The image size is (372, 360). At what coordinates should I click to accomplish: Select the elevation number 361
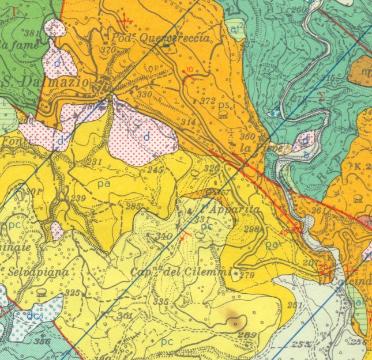pyautogui.click(x=124, y=315)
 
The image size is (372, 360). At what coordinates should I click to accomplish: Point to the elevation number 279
pyautogui.click(x=247, y=274)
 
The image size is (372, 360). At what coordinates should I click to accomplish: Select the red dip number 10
pyautogui.click(x=190, y=70)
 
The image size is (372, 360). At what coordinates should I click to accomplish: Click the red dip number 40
pyautogui.click(x=283, y=232)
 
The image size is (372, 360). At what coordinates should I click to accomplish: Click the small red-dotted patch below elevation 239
pyautogui.click(x=57, y=231)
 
